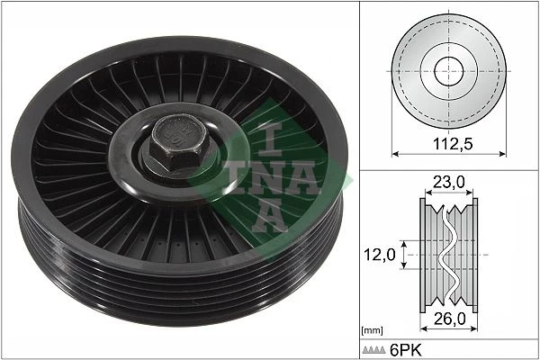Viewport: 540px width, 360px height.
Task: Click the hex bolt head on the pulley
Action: point(179,141)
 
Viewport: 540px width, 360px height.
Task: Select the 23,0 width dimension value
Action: point(449,182)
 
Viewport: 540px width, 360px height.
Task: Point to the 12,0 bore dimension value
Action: point(380,255)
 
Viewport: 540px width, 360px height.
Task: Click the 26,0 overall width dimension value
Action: point(450,319)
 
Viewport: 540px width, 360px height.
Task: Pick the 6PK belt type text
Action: point(405,350)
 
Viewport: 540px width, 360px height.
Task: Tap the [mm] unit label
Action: point(372,330)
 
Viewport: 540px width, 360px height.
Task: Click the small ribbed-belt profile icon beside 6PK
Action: point(373,350)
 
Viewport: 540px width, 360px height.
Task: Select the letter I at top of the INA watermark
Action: point(270,139)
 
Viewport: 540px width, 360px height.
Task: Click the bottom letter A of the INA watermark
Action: point(270,215)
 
